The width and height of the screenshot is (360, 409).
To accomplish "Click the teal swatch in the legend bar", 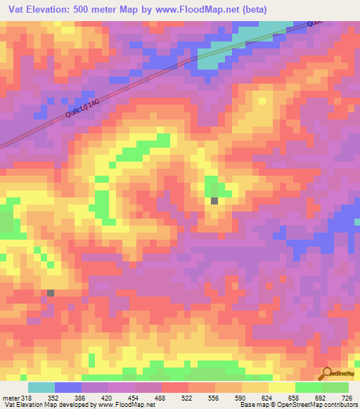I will [41, 387].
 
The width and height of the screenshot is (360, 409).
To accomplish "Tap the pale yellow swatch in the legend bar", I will [282, 387].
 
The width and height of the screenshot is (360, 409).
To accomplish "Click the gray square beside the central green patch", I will [214, 201].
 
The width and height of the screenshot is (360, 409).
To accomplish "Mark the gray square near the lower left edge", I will [51, 292].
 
